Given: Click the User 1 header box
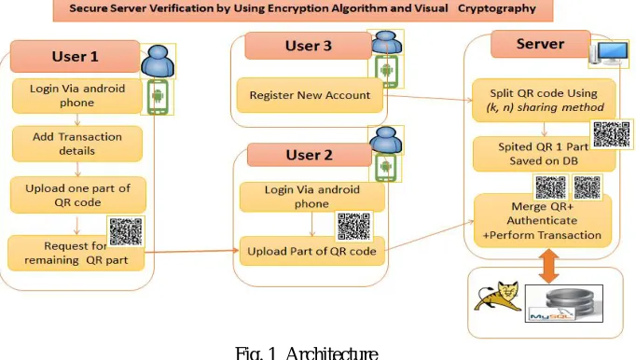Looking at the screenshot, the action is coord(75,56).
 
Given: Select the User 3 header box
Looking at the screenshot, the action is coord(309,46).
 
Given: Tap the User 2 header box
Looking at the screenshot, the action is coord(310,155).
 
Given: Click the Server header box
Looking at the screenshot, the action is coord(540,44).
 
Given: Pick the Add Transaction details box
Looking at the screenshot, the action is coord(77,144).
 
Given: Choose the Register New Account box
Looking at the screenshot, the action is coord(310,95).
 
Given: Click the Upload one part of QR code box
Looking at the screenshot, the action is coord(78,195).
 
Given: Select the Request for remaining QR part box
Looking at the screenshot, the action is coord(76,253).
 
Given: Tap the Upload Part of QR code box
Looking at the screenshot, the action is coord(311,251).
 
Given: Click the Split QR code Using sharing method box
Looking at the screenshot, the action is coord(544,100).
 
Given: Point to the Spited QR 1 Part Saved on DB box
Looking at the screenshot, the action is coord(544,154).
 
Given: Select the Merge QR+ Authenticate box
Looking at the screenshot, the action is coord(543,220).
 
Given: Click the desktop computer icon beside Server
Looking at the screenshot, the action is coord(609,53).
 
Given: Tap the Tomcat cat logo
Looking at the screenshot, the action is coord(499,297).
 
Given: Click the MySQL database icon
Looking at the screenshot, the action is coord(564,304).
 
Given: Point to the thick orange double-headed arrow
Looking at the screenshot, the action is coord(548,266).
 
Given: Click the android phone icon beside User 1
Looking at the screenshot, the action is coord(158,97).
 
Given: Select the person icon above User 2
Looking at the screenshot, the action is coord(386,141).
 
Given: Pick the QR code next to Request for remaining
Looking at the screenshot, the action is coord(126,231).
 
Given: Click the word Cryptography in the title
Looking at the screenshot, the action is coord(497,8).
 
